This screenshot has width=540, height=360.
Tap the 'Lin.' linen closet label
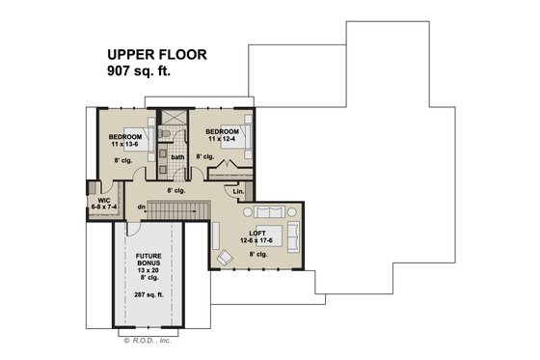pyautogui.click(x=239, y=191)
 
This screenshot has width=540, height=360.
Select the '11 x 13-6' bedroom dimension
pyautogui.click(x=125, y=144)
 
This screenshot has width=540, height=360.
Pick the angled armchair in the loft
pyautogui.click(x=226, y=257)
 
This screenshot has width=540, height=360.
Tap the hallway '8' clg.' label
pyautogui.click(x=175, y=191)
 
